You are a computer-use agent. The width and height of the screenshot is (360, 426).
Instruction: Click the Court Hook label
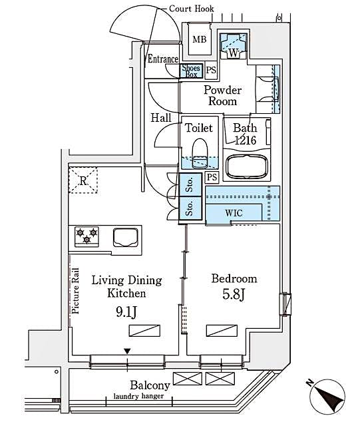[x=191, y=9]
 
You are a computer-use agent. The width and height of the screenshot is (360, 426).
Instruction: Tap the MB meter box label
[x=200, y=40]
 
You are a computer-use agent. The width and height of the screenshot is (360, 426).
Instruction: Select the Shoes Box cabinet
[x=191, y=71]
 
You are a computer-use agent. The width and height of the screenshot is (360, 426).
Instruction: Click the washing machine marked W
[x=233, y=46]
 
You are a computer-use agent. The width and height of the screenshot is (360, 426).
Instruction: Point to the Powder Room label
[x=222, y=96]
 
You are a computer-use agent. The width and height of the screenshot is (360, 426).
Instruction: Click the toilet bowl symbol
[x=200, y=153]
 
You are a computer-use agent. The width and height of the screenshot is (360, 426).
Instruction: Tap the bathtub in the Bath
[x=247, y=166]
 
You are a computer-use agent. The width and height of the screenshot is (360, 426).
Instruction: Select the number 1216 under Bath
[x=246, y=140]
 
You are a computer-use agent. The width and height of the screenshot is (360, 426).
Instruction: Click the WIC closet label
[x=234, y=213]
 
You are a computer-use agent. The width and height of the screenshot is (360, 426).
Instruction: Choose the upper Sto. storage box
[x=190, y=185]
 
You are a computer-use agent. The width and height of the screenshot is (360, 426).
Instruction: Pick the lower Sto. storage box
[x=190, y=208]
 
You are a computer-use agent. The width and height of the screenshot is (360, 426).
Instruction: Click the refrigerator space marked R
[x=83, y=180]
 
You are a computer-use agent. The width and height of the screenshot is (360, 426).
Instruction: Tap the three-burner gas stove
[x=87, y=236]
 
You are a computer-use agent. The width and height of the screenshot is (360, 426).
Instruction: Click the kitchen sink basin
[x=126, y=237]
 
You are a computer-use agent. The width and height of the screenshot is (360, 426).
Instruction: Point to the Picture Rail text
[x=75, y=291]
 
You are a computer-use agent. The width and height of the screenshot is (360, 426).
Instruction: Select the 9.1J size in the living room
[x=126, y=312]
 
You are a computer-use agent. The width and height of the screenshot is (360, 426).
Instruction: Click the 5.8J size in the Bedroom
[x=234, y=294]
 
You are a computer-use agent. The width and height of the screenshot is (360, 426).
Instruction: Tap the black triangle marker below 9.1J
[x=127, y=351]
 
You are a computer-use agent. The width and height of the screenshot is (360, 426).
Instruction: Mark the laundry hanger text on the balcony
[x=138, y=396]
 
